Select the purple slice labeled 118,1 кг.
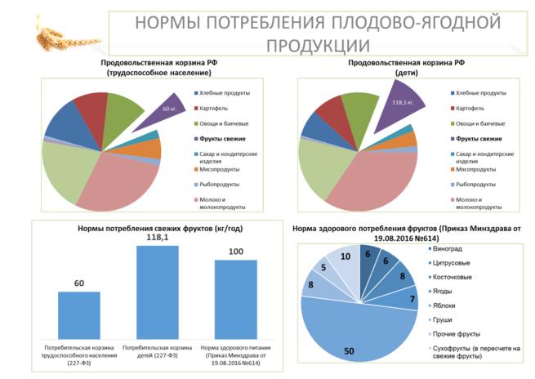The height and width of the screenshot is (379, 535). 397,108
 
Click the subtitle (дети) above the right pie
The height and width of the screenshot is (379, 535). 406,74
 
